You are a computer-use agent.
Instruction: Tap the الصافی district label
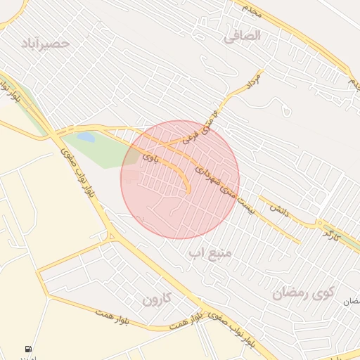click(242, 35)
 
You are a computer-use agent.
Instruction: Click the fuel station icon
click(28, 349)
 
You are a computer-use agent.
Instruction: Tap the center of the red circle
click(180, 180)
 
